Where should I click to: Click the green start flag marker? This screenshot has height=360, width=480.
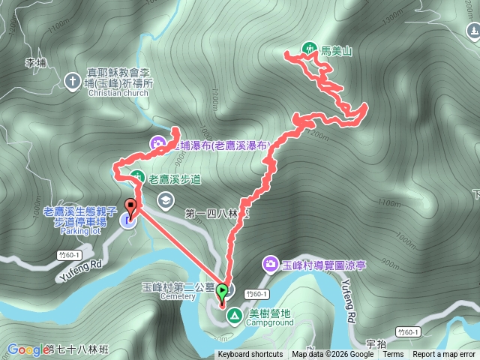tap(222, 289)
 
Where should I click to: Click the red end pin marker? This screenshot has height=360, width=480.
tap(130, 207)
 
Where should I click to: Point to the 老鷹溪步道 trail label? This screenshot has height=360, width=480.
tap(175, 179)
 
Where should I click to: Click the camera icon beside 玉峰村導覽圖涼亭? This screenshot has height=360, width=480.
tap(269, 263)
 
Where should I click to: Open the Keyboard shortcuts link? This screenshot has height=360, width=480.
tap(250, 355)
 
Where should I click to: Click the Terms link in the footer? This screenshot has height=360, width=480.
tap(393, 355)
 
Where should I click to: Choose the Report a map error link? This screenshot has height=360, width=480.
tap(444, 355)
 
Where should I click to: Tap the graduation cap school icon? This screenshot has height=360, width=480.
tap(164, 199)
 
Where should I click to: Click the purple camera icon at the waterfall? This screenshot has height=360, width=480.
tap(158, 142)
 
